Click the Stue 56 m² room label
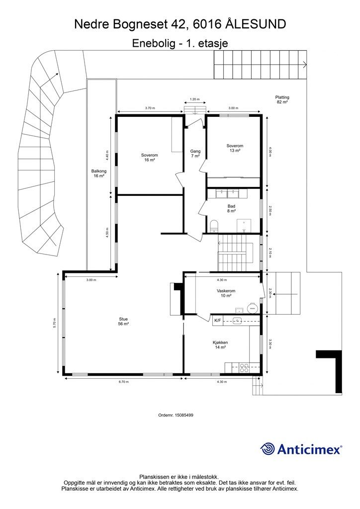click(x=123, y=321)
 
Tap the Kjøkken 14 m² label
click(x=220, y=345)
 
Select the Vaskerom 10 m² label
click(x=226, y=293)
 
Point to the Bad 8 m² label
click(x=231, y=208)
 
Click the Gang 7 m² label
click(x=195, y=154)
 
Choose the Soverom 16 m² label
click(x=149, y=158)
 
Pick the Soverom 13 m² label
click(x=235, y=148)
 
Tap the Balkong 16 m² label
click(x=98, y=173)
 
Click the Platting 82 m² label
click(x=282, y=99)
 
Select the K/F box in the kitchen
click(x=217, y=321)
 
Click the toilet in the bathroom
click(x=214, y=226)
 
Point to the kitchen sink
click(x=238, y=321)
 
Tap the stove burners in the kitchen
click(x=245, y=368)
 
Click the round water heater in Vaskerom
click(x=252, y=307)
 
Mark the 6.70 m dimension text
click(x=123, y=382)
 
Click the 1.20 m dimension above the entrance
click(x=194, y=99)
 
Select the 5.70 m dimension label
click(x=55, y=323)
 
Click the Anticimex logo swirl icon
click(x=268, y=449)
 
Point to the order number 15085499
click(x=184, y=415)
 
